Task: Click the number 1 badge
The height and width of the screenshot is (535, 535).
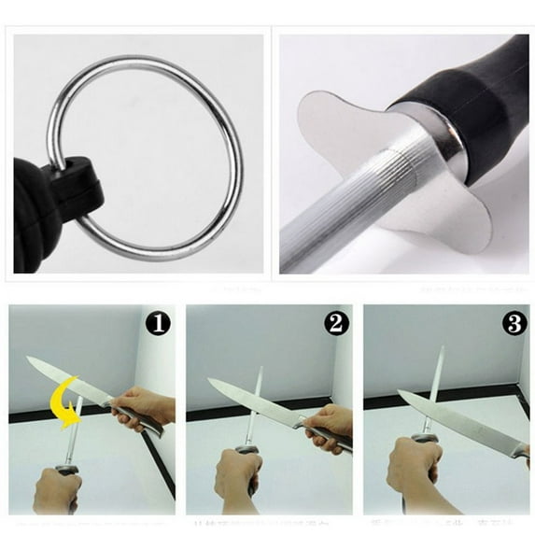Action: pyautogui.click(x=159, y=324)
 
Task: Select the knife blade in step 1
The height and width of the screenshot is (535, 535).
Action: pyautogui.click(x=65, y=378)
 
